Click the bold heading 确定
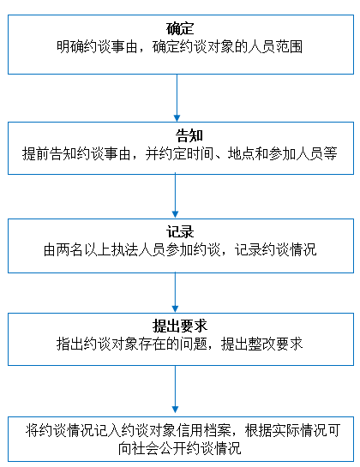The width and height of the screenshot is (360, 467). click(180, 28)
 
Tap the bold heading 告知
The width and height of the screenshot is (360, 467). click(189, 135)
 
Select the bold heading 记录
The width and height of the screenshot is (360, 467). click(180, 231)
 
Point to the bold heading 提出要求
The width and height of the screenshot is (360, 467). click(180, 326)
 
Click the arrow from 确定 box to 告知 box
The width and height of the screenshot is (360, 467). click(177, 98)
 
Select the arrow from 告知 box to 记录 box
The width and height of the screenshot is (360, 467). click(175, 196)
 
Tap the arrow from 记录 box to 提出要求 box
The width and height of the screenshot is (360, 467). click(175, 292)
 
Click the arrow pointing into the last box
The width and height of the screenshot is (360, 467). click(175, 390)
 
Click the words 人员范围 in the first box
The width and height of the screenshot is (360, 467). click(275, 47)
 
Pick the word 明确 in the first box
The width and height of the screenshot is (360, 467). click(70, 47)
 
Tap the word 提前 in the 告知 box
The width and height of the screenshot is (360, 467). click(36, 153)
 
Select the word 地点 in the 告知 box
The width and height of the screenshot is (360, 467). click(241, 153)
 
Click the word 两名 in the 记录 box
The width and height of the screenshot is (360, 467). click(70, 249)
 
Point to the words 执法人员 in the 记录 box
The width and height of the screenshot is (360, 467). click(139, 249)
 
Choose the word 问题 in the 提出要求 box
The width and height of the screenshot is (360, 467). click(194, 344)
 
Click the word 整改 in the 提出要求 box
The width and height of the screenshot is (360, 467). click(262, 344)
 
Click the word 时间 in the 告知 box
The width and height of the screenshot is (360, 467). click(200, 153)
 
